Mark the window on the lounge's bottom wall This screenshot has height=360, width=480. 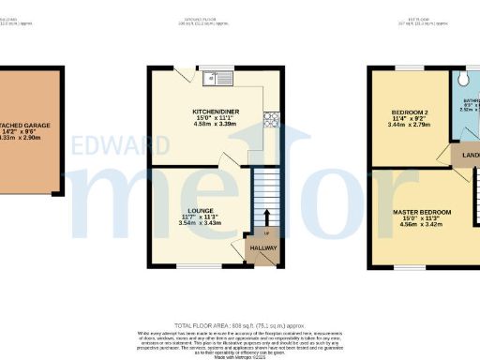point(194,266)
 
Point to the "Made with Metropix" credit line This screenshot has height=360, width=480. point(239,356)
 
